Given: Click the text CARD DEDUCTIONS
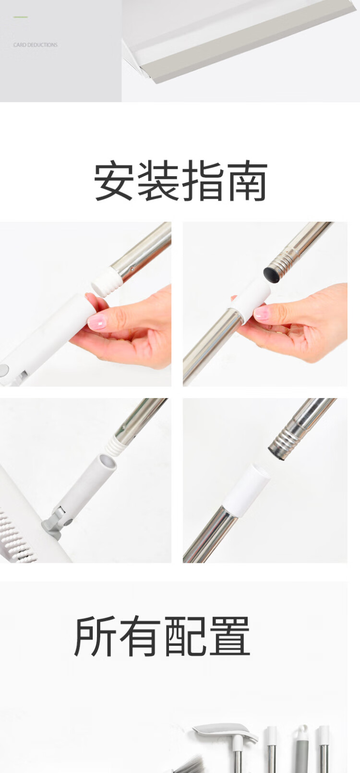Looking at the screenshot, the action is click(x=35, y=45).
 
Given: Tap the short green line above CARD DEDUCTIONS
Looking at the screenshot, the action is click(x=21, y=17).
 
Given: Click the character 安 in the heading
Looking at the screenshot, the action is click(x=114, y=181).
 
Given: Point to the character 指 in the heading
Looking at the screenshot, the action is click(x=203, y=181).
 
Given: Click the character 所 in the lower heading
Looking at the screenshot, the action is click(x=94, y=636).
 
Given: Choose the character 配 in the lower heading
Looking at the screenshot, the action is click(x=185, y=636).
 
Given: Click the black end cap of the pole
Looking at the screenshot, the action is click(x=271, y=275).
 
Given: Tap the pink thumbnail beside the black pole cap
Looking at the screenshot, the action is click(x=262, y=313).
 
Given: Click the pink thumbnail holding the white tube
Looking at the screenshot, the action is click(x=97, y=322).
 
